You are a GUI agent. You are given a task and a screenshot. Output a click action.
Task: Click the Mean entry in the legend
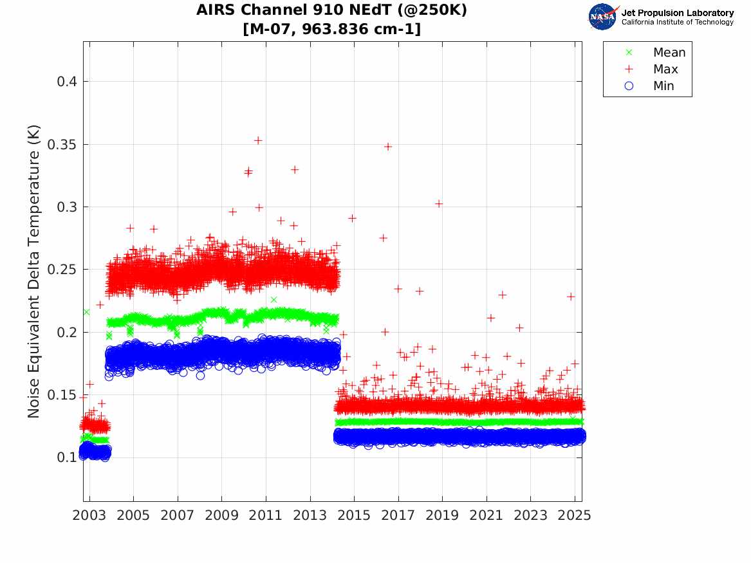pyautogui.click(x=669, y=53)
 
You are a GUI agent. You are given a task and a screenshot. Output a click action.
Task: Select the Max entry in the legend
pyautogui.click(x=665, y=69)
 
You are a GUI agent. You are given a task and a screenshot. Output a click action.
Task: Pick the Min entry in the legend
pyautogui.click(x=663, y=86)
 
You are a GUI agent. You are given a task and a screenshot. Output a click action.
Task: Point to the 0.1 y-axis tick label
pyautogui.click(x=67, y=457)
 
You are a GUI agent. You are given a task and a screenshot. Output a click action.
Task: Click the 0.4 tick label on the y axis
pyautogui.click(x=67, y=82)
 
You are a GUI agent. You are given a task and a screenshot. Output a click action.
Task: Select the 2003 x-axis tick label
pyautogui.click(x=89, y=515)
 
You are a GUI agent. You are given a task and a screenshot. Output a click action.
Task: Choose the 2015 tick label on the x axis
pyautogui.click(x=354, y=515)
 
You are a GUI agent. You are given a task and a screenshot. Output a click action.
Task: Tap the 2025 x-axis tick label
pyautogui.click(x=575, y=515)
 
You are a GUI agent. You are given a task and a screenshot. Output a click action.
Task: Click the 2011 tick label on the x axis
pyautogui.click(x=266, y=515)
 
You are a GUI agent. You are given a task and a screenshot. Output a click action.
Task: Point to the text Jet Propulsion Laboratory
pyautogui.click(x=677, y=13)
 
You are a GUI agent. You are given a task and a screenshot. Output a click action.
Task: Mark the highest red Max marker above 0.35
pyautogui.click(x=258, y=140)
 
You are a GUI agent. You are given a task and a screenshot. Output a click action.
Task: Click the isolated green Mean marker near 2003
pyautogui.click(x=86, y=312)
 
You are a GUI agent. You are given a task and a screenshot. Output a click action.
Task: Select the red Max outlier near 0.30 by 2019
pyautogui.click(x=439, y=203)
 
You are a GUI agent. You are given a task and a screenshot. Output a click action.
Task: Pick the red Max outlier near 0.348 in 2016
pyautogui.click(x=388, y=147)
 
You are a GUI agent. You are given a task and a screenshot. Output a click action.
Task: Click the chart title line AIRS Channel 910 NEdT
pyautogui.click(x=331, y=10)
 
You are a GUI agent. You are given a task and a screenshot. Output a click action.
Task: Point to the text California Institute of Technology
pyautogui.click(x=677, y=23)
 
